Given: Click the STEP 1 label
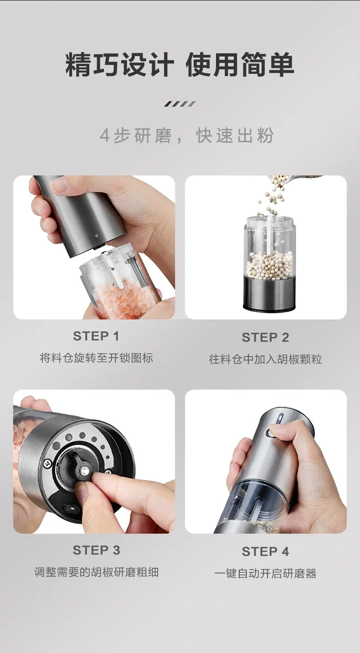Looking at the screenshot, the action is pyautogui.click(x=96, y=336).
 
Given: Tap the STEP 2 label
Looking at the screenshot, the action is pyautogui.click(x=265, y=337).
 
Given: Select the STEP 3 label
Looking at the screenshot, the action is pyautogui.click(x=96, y=550).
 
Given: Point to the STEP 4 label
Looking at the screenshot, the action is pyautogui.click(x=265, y=551).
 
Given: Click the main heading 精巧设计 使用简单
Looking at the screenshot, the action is pyautogui.click(x=180, y=65).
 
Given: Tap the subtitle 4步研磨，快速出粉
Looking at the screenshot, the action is pyautogui.click(x=186, y=135).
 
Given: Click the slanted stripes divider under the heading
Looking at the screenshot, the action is pyautogui.click(x=180, y=104).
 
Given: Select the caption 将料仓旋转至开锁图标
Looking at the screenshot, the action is pyautogui.click(x=96, y=358).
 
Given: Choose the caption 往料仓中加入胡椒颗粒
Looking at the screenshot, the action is pyautogui.click(x=265, y=359).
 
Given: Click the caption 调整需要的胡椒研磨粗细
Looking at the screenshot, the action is pyautogui.click(x=96, y=572).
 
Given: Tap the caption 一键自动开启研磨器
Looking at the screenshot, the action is pyautogui.click(x=265, y=573).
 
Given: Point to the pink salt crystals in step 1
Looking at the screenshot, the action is pyautogui.click(x=124, y=300).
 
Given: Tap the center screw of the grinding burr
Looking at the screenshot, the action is pyautogui.click(x=85, y=470).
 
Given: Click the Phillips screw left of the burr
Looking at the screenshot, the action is pyautogui.click(x=48, y=463).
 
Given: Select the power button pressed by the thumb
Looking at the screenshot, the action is pyautogui.click(x=270, y=434).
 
